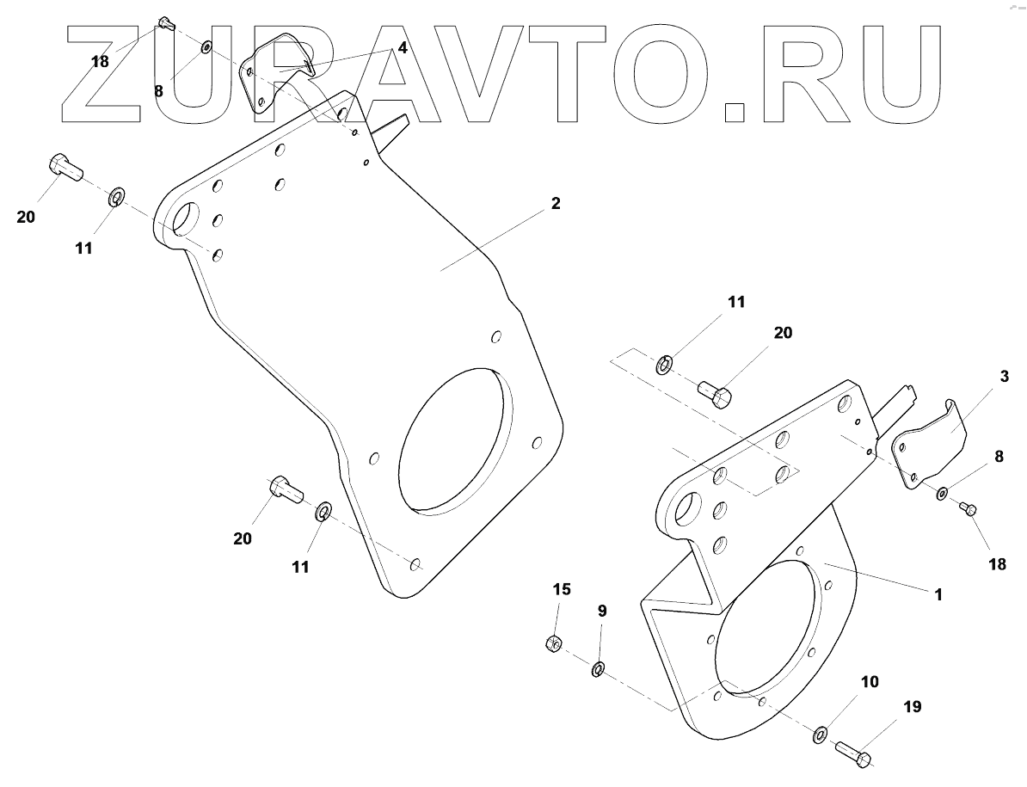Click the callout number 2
tap(556, 204)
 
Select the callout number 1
tap(939, 593)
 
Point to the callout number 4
tap(402, 49)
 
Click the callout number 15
tap(561, 589)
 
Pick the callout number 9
tap(602, 611)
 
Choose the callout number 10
tap(869, 682)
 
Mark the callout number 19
tap(912, 707)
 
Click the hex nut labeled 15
tap(554, 643)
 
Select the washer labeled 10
tap(820, 735)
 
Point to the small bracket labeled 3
tap(929, 447)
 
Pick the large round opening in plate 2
tap(456, 439)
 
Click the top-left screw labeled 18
tap(166, 25)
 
